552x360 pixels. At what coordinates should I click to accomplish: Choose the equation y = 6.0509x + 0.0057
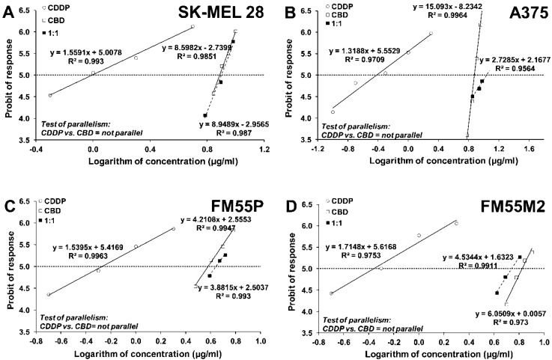point(492,314)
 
